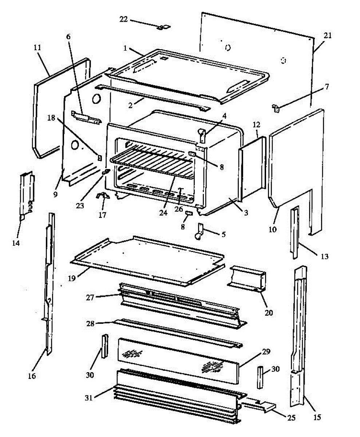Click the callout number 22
pos(123,19)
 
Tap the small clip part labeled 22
pos(165,27)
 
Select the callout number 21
pos(328,35)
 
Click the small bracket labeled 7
pos(276,107)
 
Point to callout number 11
pos(37,47)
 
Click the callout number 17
pos(103,214)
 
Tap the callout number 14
pos(16,242)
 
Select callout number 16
pos(32,375)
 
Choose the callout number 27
pos(91,297)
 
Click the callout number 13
pos(324,256)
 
